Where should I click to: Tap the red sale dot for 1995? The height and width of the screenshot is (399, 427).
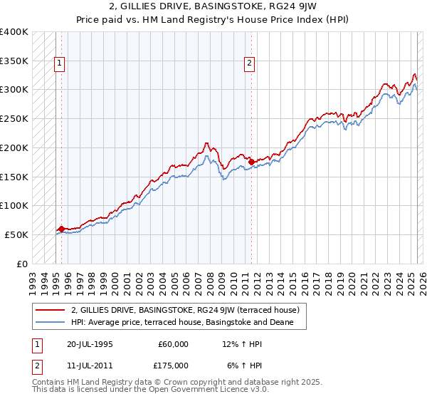coord(62,229)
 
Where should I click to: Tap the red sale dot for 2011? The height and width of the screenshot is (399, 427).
coord(252,162)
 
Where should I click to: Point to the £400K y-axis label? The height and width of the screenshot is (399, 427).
coord(14,32)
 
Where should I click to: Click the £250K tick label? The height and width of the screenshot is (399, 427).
coord(14,119)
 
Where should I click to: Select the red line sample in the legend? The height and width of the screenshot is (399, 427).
coord(50,310)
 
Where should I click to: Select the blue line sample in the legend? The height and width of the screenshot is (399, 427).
coord(50,322)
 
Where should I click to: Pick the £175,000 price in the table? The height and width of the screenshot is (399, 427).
coord(173,366)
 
